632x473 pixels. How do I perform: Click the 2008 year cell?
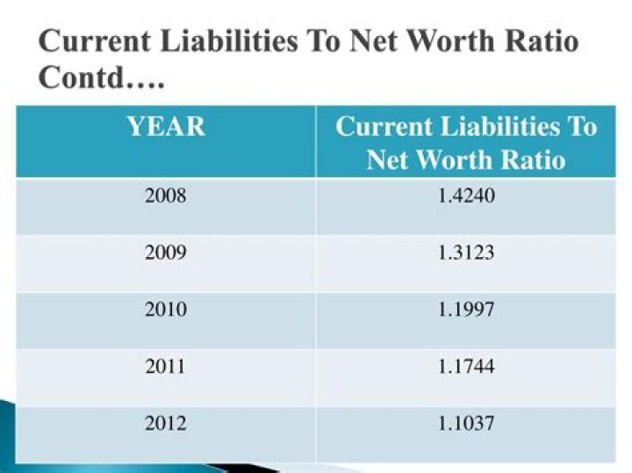click(165, 196)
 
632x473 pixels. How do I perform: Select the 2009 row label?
click(165, 253)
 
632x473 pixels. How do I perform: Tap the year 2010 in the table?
click(165, 309)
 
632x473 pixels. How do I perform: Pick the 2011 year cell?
click(165, 366)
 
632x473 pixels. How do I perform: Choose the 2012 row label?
click(165, 423)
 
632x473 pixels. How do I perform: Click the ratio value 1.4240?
click(466, 196)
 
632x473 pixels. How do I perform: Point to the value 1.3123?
click(466, 253)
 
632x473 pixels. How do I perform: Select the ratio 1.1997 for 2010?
click(466, 309)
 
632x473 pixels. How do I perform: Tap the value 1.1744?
click(466, 366)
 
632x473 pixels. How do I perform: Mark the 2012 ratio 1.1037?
click(466, 423)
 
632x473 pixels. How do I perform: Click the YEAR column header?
click(165, 127)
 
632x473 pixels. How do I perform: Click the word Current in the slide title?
click(92, 41)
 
